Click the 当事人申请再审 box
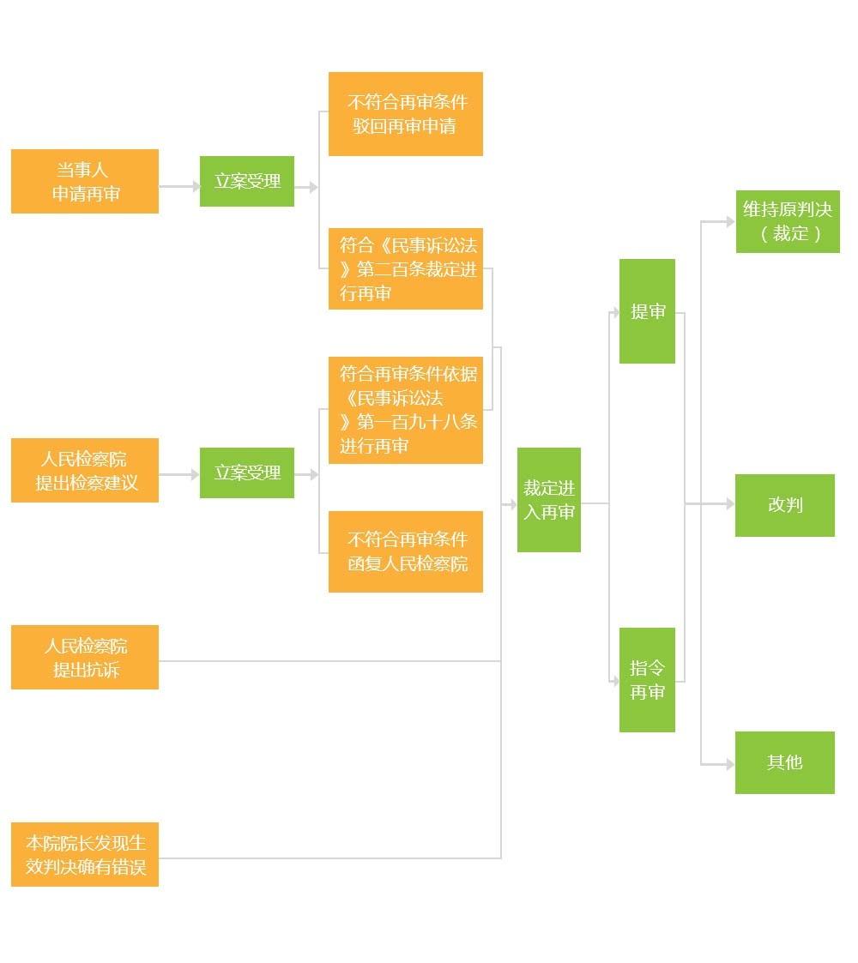[x=84, y=181]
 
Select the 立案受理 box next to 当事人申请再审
[x=247, y=181]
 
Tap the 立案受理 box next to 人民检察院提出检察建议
[x=247, y=472]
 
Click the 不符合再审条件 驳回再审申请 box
[x=405, y=114]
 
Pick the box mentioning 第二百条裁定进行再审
[x=405, y=268]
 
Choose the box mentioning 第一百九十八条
[x=405, y=410]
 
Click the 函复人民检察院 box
[x=405, y=551]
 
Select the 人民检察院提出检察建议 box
[x=84, y=470]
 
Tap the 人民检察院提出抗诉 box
[x=84, y=657]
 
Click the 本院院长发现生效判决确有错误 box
[x=84, y=854]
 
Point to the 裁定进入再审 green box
[x=548, y=500]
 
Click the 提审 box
[x=647, y=311]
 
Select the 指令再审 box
[x=647, y=680]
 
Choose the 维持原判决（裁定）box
[x=787, y=221]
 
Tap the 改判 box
[x=784, y=505]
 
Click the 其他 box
[x=784, y=762]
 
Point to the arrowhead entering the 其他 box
[x=730, y=763]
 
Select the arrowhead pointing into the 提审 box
[x=615, y=313]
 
